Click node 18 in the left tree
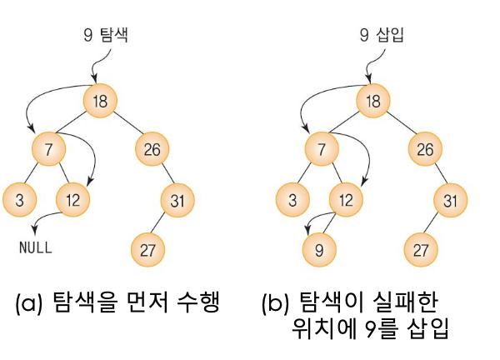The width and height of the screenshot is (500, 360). [100, 102]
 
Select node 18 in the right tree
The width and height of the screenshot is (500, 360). [372, 102]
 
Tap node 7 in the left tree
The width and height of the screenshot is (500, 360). [49, 151]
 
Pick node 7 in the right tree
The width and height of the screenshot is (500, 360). [322, 151]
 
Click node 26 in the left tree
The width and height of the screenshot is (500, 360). [152, 151]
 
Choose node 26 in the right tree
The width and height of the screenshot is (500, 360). [424, 151]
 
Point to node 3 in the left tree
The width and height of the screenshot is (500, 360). [20, 200]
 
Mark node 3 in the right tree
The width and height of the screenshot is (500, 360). [292, 200]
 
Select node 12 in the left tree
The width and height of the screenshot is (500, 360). [73, 200]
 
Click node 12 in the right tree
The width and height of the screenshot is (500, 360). [346, 200]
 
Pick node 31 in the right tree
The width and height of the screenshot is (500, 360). [451, 200]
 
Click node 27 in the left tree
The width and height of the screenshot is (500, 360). [148, 248]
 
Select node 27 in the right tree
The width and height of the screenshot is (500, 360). [421, 248]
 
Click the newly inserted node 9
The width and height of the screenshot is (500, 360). [318, 248]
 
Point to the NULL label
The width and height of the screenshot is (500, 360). [35, 247]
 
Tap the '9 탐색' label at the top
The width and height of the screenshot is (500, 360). [106, 34]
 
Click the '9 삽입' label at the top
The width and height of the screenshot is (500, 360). [379, 34]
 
